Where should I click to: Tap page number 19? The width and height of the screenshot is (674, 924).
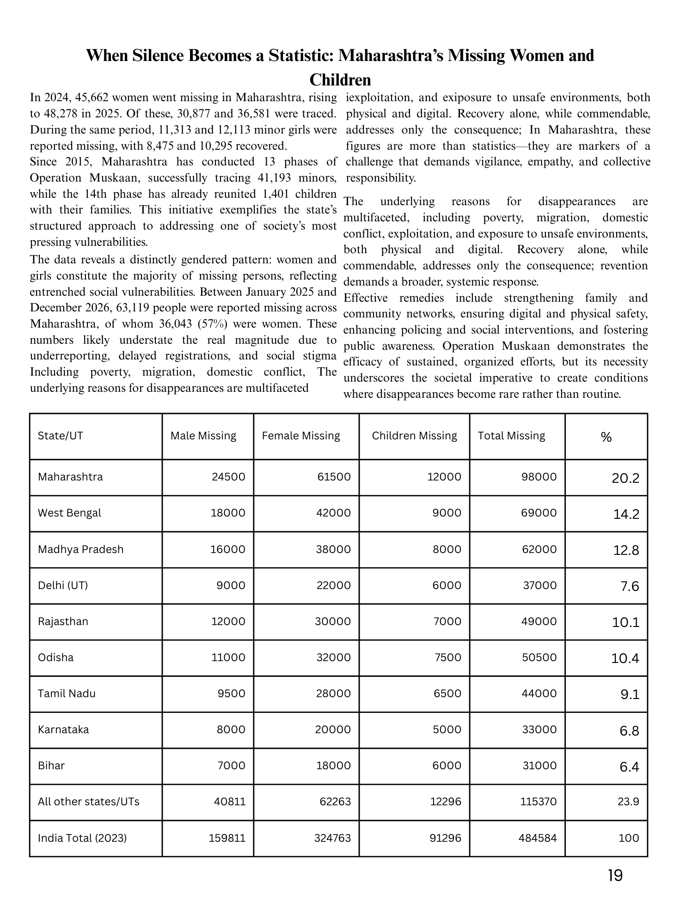point(615,875)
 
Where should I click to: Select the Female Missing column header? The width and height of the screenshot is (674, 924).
point(301,436)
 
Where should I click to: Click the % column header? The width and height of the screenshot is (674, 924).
point(606,437)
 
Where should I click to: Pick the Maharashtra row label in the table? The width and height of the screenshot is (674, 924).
point(70,477)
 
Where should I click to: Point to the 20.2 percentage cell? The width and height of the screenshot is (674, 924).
point(625,478)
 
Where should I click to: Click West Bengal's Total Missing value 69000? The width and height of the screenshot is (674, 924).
point(539,513)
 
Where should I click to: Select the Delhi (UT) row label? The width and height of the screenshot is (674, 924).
point(63,585)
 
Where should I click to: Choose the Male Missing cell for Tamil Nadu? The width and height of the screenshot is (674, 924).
point(231,693)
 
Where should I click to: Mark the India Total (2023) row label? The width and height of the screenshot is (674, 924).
point(82,838)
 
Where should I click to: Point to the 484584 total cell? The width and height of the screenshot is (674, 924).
point(539,838)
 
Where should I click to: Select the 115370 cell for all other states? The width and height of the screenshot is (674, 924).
point(539,802)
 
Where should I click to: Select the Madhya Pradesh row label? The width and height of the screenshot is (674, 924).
point(81,549)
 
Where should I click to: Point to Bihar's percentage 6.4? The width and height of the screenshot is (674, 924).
point(629,767)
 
